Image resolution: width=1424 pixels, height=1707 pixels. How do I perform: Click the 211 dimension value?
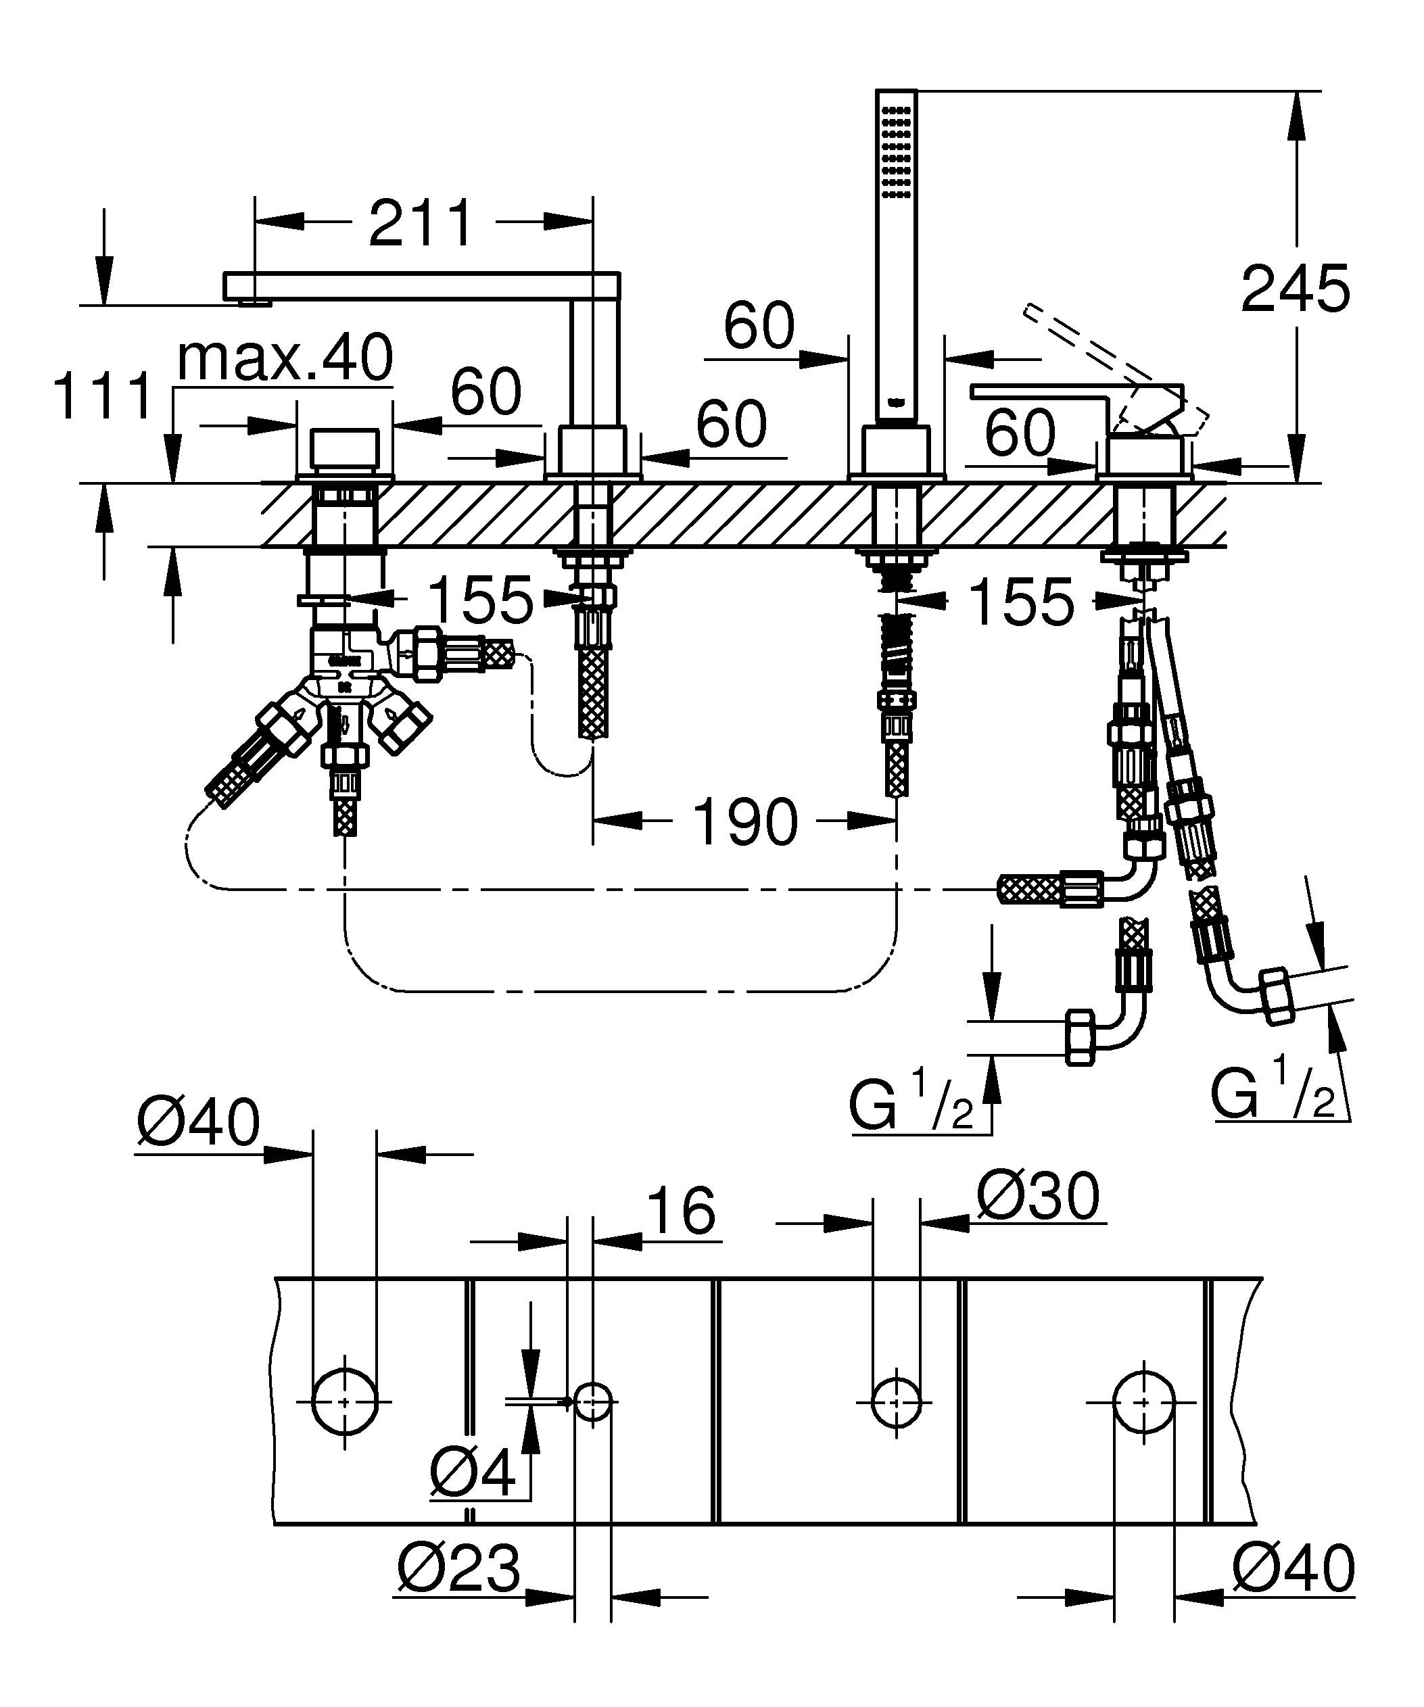click(x=420, y=224)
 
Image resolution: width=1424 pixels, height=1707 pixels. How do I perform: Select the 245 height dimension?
click(x=1295, y=289)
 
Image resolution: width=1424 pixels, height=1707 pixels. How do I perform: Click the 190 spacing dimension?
click(x=744, y=823)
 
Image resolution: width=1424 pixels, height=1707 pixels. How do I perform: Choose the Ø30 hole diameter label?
click(x=1038, y=1197)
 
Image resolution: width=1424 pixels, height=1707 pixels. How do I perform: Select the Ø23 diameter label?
click(x=459, y=1569)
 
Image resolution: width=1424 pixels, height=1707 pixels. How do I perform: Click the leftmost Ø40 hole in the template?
click(x=345, y=1402)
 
